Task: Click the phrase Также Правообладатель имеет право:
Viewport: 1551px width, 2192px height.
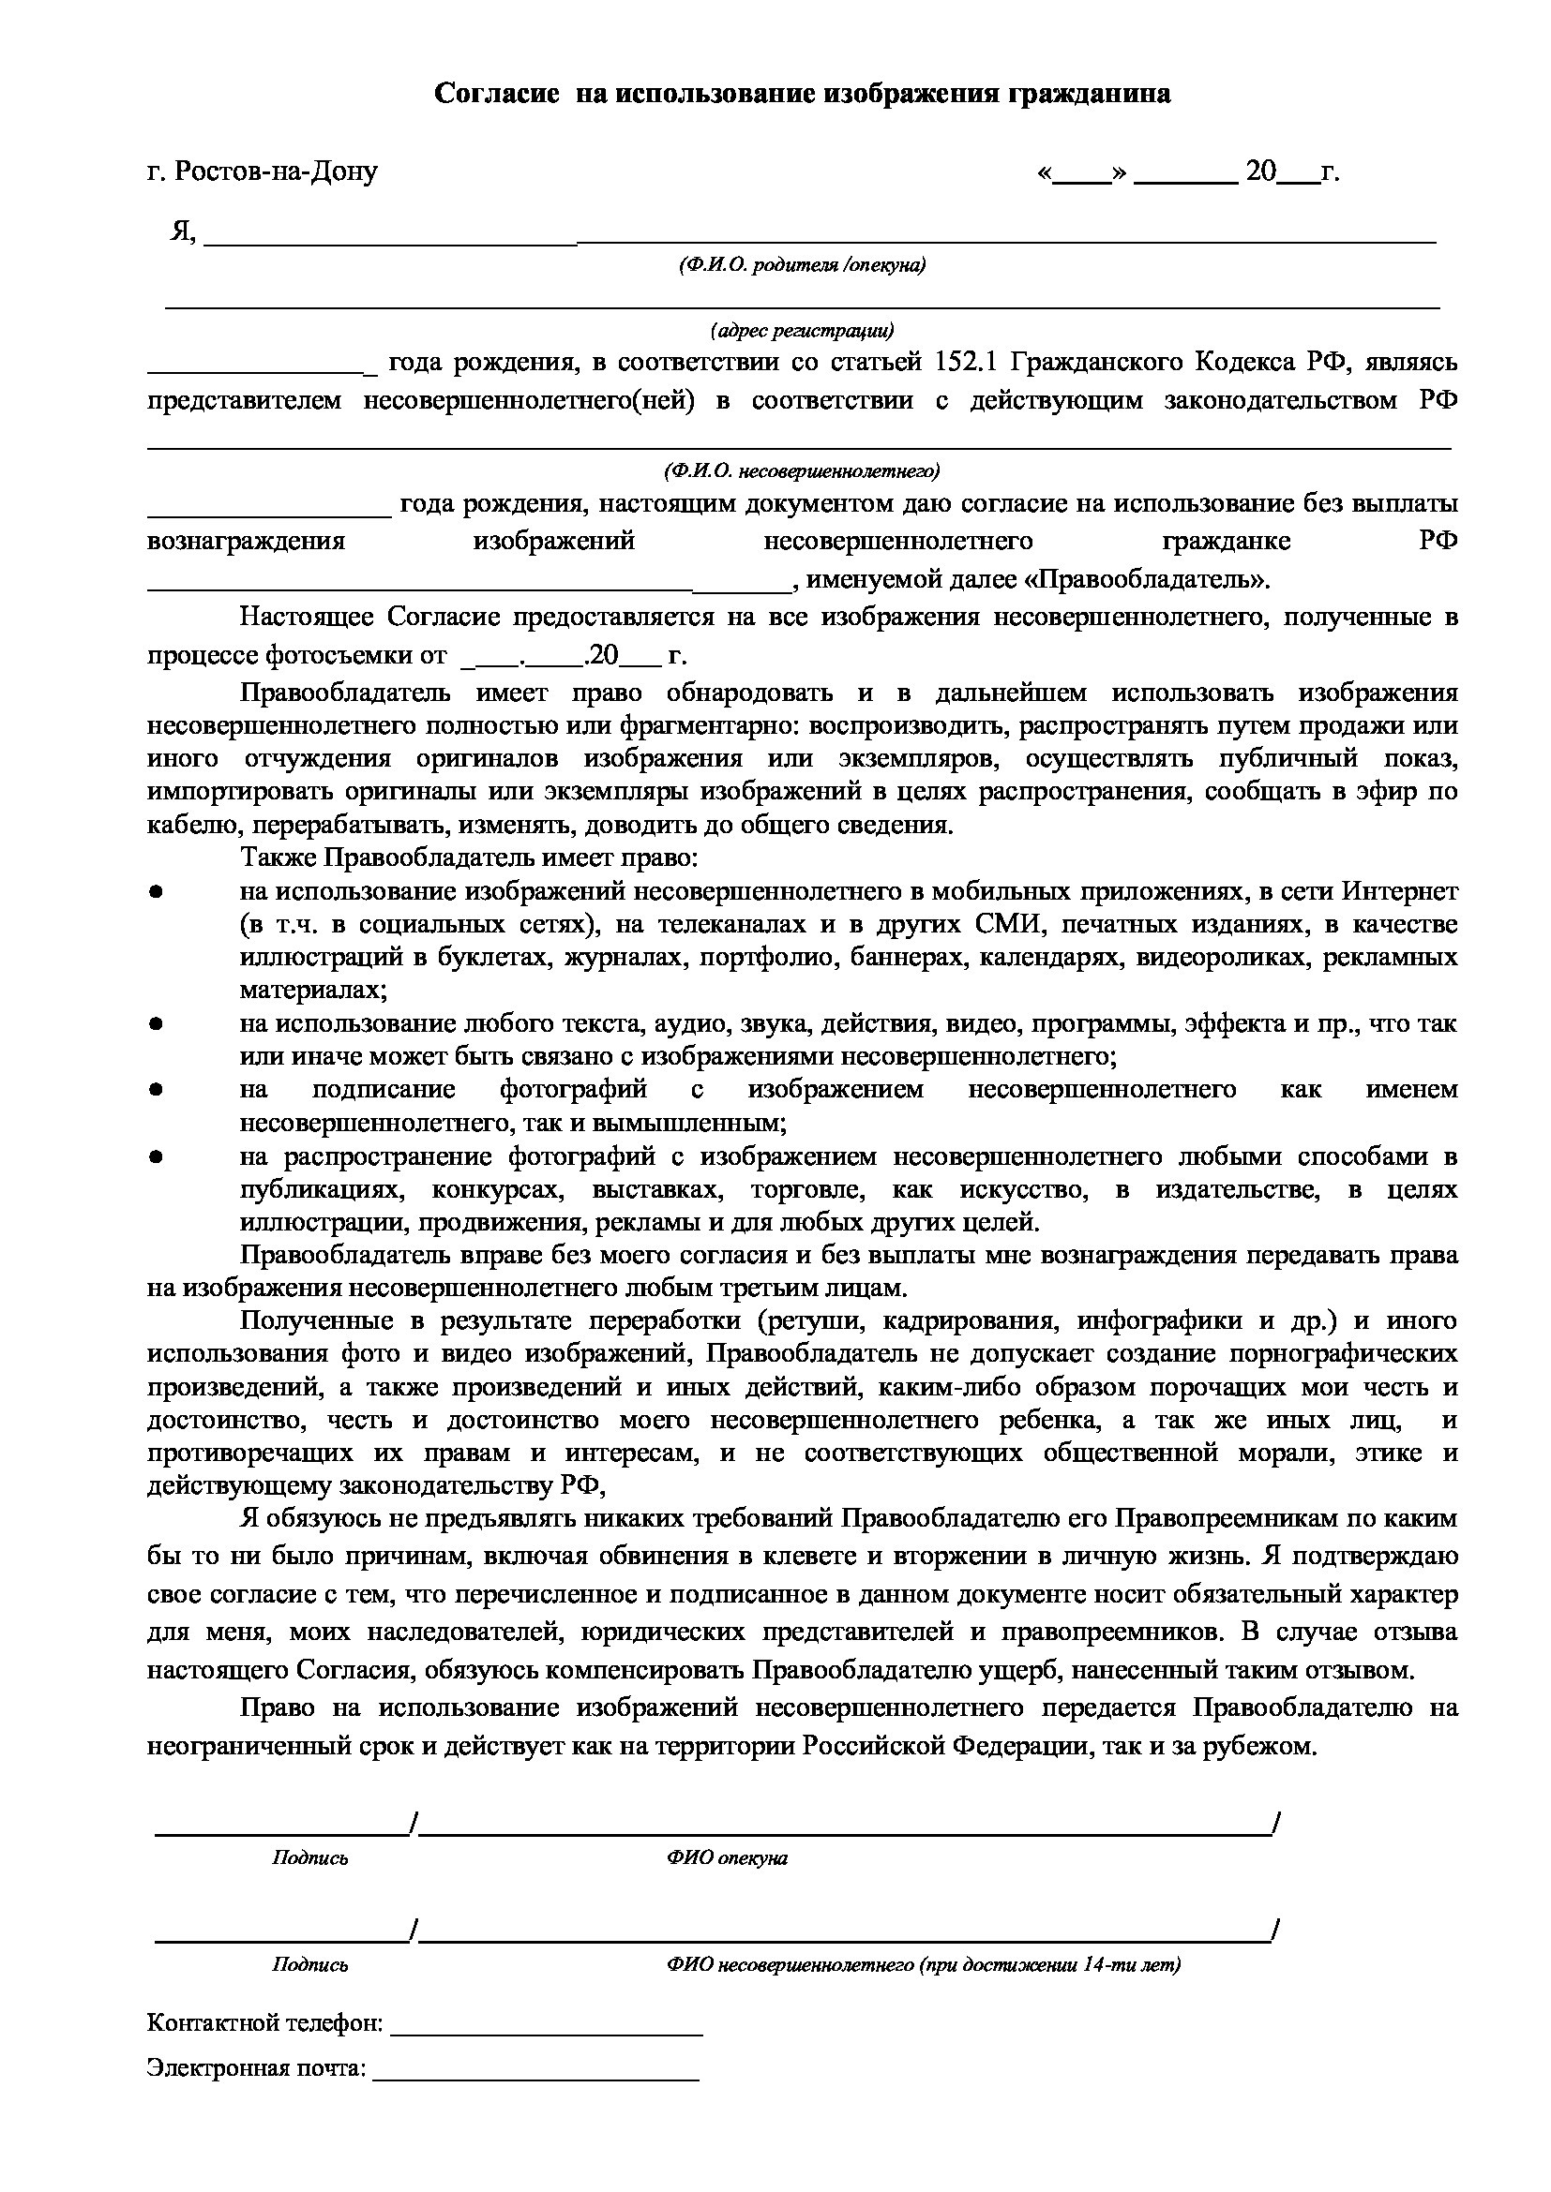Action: pyautogui.click(x=470, y=857)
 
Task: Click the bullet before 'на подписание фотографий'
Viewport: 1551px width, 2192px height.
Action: pyautogui.click(x=155, y=1089)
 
